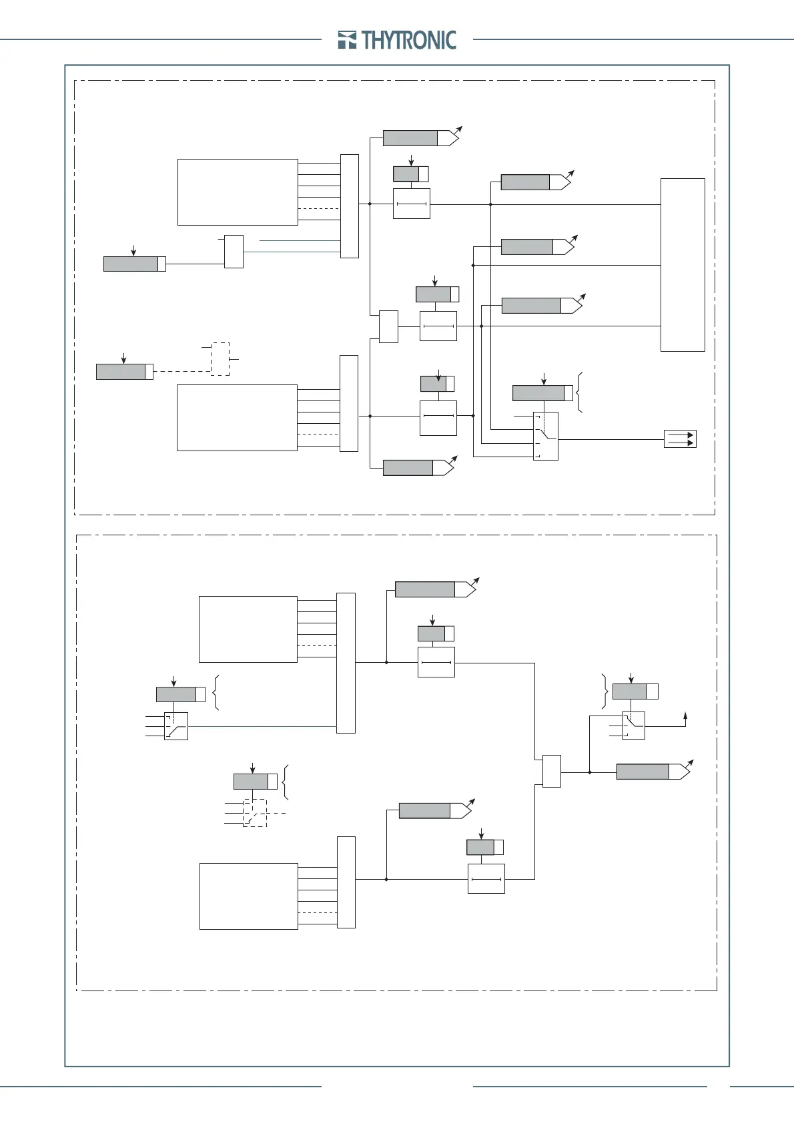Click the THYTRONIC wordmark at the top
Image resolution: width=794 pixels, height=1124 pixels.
click(409, 40)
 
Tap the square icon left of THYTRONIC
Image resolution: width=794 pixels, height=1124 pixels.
click(347, 40)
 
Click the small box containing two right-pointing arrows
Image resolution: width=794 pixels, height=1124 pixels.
click(680, 439)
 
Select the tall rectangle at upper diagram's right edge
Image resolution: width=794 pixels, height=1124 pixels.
click(683, 264)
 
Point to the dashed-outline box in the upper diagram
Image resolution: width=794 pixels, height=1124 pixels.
click(220, 359)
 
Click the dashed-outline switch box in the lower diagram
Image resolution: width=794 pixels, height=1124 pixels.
click(254, 813)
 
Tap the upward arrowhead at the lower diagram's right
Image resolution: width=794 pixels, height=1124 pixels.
click(685, 716)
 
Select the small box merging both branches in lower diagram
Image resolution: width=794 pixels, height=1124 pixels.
click(552, 771)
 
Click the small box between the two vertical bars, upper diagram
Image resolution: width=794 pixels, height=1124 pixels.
click(388, 326)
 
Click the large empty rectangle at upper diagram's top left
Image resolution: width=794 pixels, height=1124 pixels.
click(238, 192)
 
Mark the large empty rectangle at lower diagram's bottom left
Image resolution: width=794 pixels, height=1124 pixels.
click(248, 896)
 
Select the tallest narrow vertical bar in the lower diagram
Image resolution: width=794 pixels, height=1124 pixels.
click(346, 663)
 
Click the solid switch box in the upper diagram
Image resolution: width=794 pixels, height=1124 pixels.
click(546, 436)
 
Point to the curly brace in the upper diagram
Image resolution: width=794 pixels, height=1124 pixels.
click(580, 392)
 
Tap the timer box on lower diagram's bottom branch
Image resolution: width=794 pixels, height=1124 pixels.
click(486, 878)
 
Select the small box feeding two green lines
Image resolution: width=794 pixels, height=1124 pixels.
click(234, 251)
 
